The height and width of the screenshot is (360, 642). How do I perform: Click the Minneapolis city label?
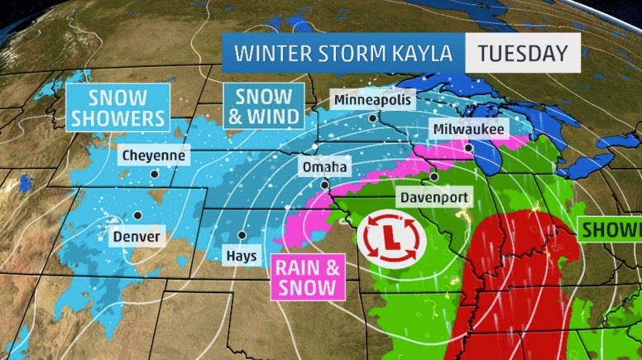(372, 100)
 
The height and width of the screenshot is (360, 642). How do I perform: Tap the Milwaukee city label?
(468, 129)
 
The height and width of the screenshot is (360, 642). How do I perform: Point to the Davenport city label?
(434, 198)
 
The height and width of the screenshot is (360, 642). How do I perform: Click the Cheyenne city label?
(154, 155)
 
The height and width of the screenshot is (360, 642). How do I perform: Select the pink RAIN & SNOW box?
(306, 276)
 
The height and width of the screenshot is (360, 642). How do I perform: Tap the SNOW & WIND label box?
(263, 105)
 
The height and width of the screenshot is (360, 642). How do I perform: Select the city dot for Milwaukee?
(468, 148)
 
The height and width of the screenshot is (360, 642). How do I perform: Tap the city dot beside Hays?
(242, 235)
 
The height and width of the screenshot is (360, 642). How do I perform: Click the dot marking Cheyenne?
(154, 174)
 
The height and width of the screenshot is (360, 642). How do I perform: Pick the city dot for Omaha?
(325, 185)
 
